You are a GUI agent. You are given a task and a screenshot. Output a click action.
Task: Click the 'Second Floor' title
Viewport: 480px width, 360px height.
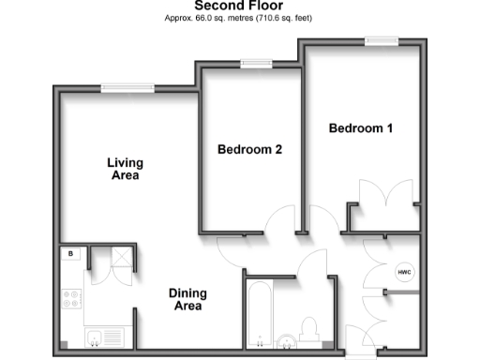point(239,6)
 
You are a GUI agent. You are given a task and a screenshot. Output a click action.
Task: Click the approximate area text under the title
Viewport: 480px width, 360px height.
point(239,18)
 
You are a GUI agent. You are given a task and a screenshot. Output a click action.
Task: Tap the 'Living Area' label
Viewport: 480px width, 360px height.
point(123,168)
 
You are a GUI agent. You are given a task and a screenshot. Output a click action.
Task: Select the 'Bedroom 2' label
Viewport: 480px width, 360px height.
point(249,149)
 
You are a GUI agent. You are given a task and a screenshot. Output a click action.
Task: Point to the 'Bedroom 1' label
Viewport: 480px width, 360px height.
point(360,128)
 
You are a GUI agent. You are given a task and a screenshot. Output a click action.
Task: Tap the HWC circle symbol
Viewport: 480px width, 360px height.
point(404,273)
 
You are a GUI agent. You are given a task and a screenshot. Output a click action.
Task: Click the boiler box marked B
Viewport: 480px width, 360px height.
point(71,253)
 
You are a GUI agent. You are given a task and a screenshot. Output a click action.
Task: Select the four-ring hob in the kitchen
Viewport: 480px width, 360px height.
point(72,300)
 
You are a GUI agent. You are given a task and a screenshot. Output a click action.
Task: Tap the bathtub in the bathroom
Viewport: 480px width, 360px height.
point(259,315)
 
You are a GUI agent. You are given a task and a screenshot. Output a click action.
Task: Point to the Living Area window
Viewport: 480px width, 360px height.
point(128,88)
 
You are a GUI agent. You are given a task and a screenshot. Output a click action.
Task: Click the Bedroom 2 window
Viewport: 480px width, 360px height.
point(253,65)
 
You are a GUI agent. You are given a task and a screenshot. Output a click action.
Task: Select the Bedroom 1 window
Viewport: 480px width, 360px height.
point(381,40)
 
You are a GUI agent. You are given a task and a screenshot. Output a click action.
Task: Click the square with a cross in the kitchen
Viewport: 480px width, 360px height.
point(120,258)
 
